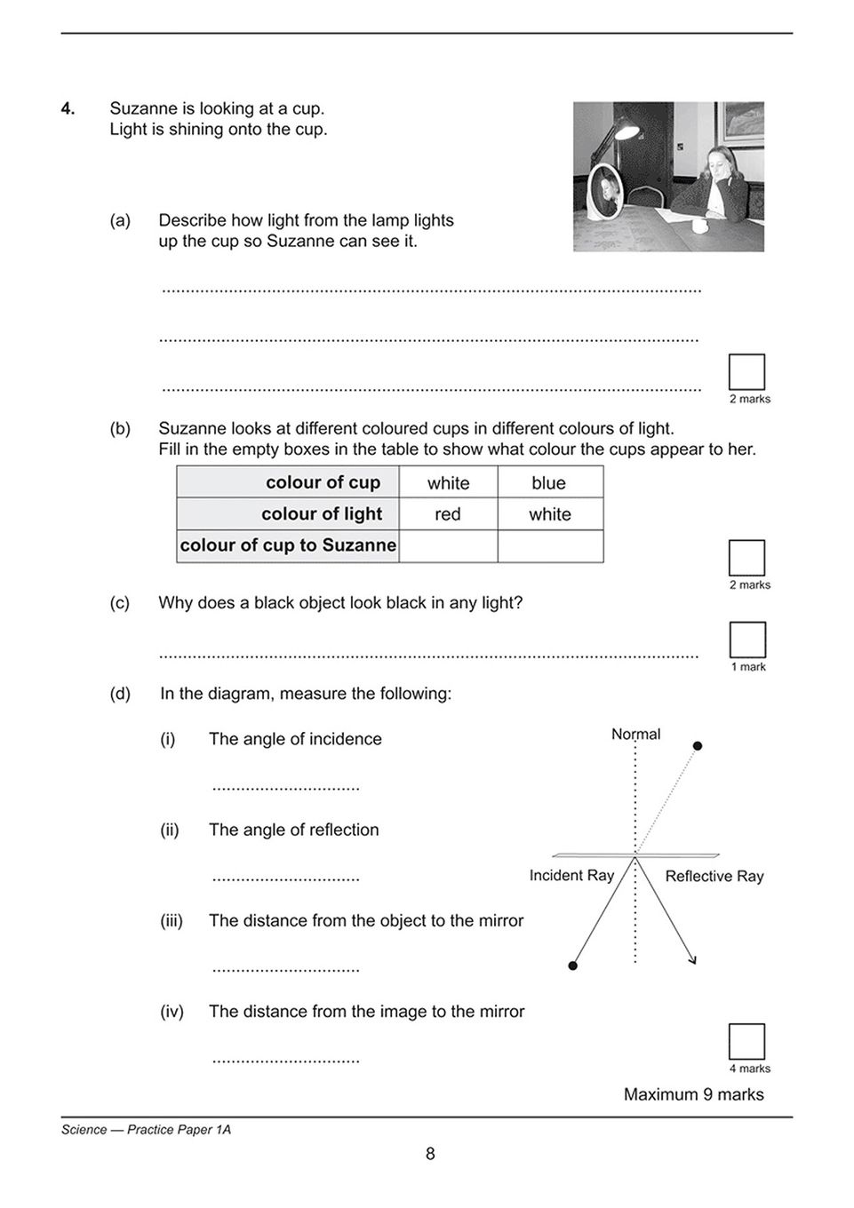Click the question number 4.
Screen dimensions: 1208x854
pos(68,108)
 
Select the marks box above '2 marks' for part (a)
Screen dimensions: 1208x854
pos(746,372)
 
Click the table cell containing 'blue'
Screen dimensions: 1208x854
pos(549,482)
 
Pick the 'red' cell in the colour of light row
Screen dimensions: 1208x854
pos(448,514)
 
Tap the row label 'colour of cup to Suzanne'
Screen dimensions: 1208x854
pos(288,545)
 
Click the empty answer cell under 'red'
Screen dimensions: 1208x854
pos(448,545)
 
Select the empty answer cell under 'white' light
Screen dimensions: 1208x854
pos(550,545)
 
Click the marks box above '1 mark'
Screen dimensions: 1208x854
pos(747,640)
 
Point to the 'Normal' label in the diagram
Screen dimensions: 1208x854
pos(635,734)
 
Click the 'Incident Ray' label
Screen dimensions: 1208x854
pos(571,875)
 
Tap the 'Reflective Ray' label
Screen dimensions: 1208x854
pos(714,876)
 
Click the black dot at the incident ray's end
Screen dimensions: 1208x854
pos(573,965)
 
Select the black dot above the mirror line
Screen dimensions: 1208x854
pos(698,745)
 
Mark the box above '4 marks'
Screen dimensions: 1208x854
pos(746,1042)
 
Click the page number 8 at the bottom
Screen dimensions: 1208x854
pos(430,1154)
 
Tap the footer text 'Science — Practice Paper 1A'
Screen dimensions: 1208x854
pos(146,1130)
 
